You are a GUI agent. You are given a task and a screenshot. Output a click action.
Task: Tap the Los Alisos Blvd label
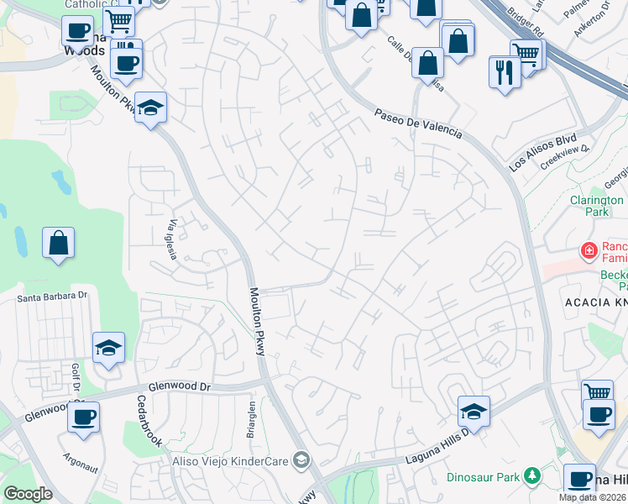click(x=542, y=152)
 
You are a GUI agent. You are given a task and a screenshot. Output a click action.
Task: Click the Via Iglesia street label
click(x=175, y=239)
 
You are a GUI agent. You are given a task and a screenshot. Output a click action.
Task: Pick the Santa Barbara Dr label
click(x=53, y=297)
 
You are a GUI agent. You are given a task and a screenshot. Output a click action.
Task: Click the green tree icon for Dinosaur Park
click(x=531, y=476)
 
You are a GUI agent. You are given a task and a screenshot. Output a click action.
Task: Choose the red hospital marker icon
click(x=589, y=250)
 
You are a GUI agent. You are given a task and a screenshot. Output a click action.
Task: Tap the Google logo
click(x=28, y=494)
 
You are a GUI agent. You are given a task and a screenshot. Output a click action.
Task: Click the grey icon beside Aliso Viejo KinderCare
click(x=301, y=459)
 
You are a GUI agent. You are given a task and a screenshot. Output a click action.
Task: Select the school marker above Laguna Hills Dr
click(x=474, y=412)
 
